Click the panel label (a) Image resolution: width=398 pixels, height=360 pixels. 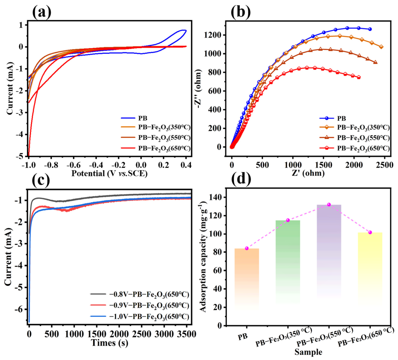tap(42, 12)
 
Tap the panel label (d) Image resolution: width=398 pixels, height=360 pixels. tap(241, 179)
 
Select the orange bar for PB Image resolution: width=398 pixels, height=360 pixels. tap(247, 279)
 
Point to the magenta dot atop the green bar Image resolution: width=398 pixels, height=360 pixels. tap(288, 220)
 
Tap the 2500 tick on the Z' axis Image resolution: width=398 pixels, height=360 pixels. tap(384, 165)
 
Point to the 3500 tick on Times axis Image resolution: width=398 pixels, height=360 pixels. tap(186, 333)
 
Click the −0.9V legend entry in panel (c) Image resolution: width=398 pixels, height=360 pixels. tap(140, 305)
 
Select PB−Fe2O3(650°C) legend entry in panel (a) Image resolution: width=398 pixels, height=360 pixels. tap(155, 148)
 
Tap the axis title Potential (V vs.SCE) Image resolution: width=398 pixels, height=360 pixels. tap(109, 173)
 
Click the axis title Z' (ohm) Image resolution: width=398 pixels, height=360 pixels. tap(308, 173)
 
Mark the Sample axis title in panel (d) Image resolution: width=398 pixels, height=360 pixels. tap(308, 352)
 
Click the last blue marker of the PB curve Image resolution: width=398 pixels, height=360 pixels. tap(370, 29)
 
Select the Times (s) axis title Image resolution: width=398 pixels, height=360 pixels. tap(110, 343)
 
